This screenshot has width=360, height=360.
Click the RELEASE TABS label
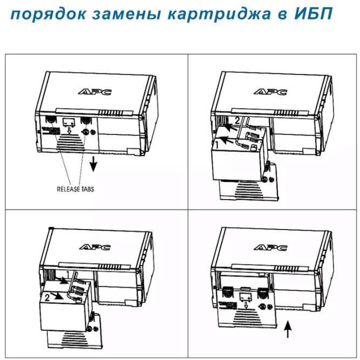75,189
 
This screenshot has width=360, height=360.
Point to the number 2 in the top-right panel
235,120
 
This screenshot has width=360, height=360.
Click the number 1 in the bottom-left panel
68,276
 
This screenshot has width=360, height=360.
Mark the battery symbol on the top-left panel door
69,122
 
